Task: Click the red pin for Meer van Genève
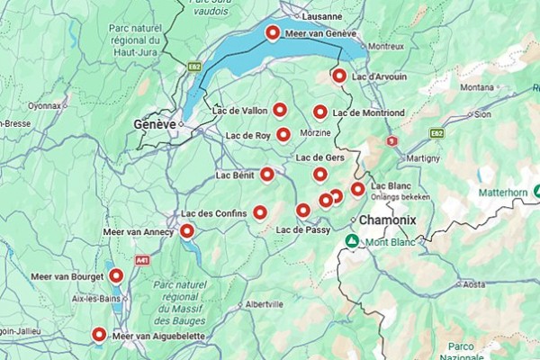point(273,33)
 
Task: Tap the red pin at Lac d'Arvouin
point(339,76)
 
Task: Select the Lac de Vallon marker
point(280,110)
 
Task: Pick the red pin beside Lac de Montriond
point(319,112)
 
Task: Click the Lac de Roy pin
point(283,135)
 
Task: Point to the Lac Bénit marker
point(267,175)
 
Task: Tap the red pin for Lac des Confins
point(260,212)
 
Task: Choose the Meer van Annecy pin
point(187,231)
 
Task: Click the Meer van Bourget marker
point(116,275)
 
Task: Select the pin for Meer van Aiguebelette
point(100,335)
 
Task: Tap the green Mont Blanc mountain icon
point(353,241)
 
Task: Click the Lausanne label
point(323,16)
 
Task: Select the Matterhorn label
point(503,192)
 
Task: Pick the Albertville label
point(264,303)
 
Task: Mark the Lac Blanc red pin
point(357,189)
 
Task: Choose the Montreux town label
point(386,46)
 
